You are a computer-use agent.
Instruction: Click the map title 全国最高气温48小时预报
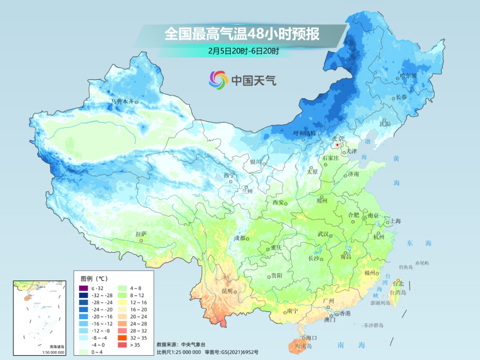click(242, 34)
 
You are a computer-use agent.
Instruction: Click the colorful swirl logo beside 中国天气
click(218, 80)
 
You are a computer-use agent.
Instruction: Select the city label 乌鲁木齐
click(122, 102)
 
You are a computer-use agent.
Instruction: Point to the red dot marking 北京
click(338, 145)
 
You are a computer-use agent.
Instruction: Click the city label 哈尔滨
click(408, 76)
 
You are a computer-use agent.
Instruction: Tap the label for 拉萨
click(141, 234)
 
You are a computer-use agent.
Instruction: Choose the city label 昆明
click(227, 291)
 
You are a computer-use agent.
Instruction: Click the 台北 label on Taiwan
click(399, 283)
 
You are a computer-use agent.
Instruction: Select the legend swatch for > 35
click(123, 345)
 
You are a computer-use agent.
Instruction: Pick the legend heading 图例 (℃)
click(91, 279)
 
